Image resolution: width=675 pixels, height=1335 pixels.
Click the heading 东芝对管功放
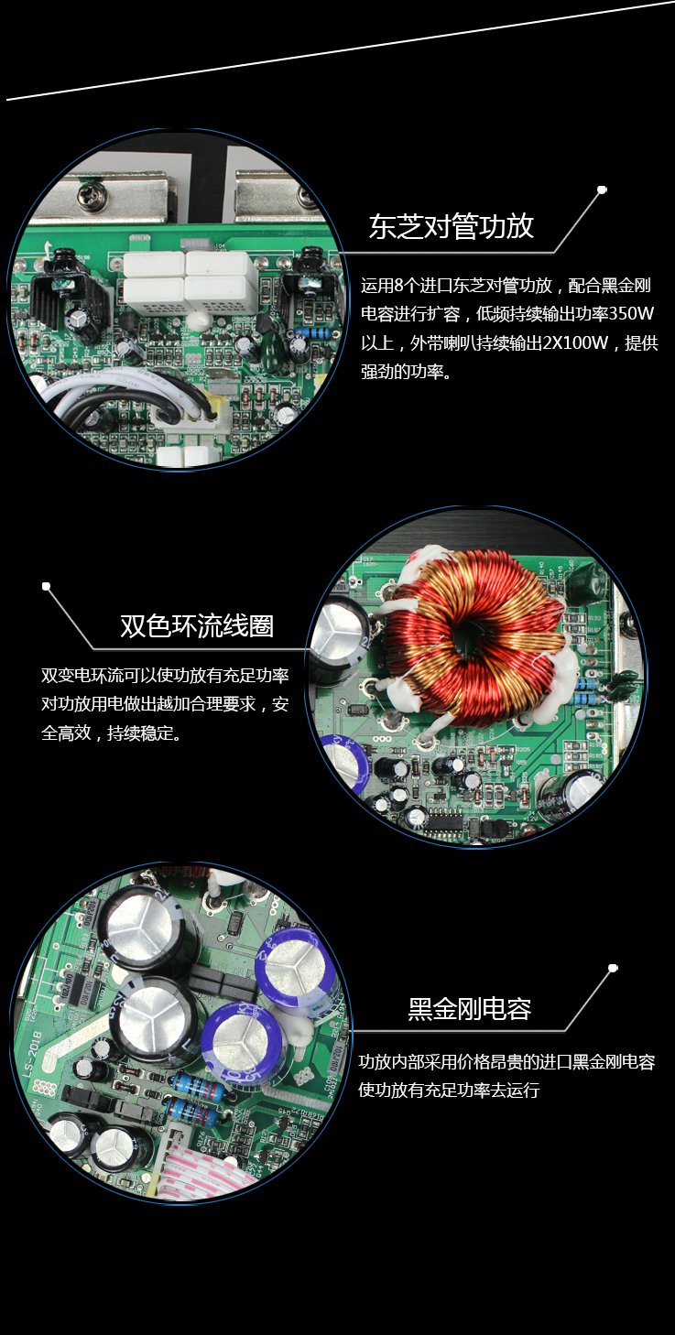pos(451,226)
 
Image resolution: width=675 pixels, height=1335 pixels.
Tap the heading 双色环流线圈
pos(197,625)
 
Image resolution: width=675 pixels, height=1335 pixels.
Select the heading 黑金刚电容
pos(469,1009)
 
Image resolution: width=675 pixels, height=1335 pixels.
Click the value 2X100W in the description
pos(575,342)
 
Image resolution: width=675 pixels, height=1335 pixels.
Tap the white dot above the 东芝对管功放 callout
pos(602,190)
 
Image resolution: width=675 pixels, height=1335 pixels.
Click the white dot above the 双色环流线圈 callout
pos(46,586)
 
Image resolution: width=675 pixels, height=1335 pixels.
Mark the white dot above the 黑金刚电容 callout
pos(613,968)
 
